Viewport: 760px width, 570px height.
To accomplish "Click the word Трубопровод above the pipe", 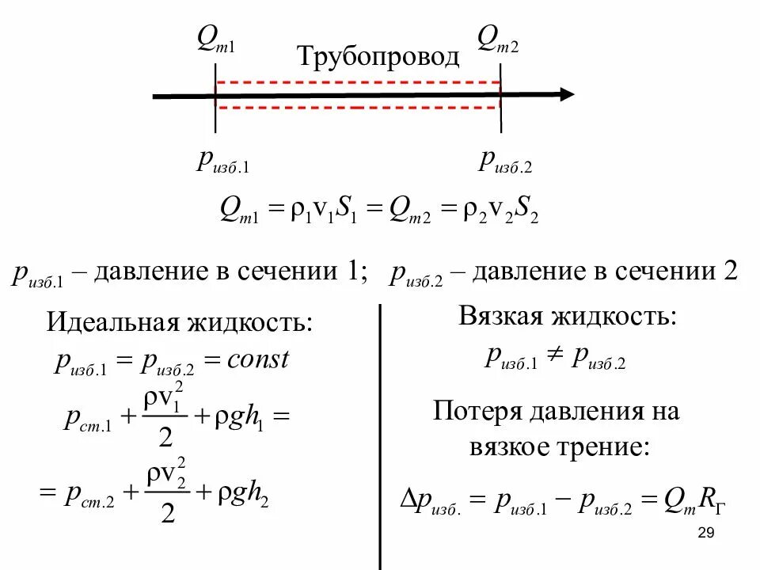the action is tap(378, 56).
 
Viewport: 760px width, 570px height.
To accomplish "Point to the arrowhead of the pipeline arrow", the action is tap(566, 94).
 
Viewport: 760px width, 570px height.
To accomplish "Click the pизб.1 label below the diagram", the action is tap(222, 161).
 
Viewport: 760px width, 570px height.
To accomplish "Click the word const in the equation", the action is tap(258, 360).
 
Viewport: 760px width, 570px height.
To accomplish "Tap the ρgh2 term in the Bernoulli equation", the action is tap(245, 494).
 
